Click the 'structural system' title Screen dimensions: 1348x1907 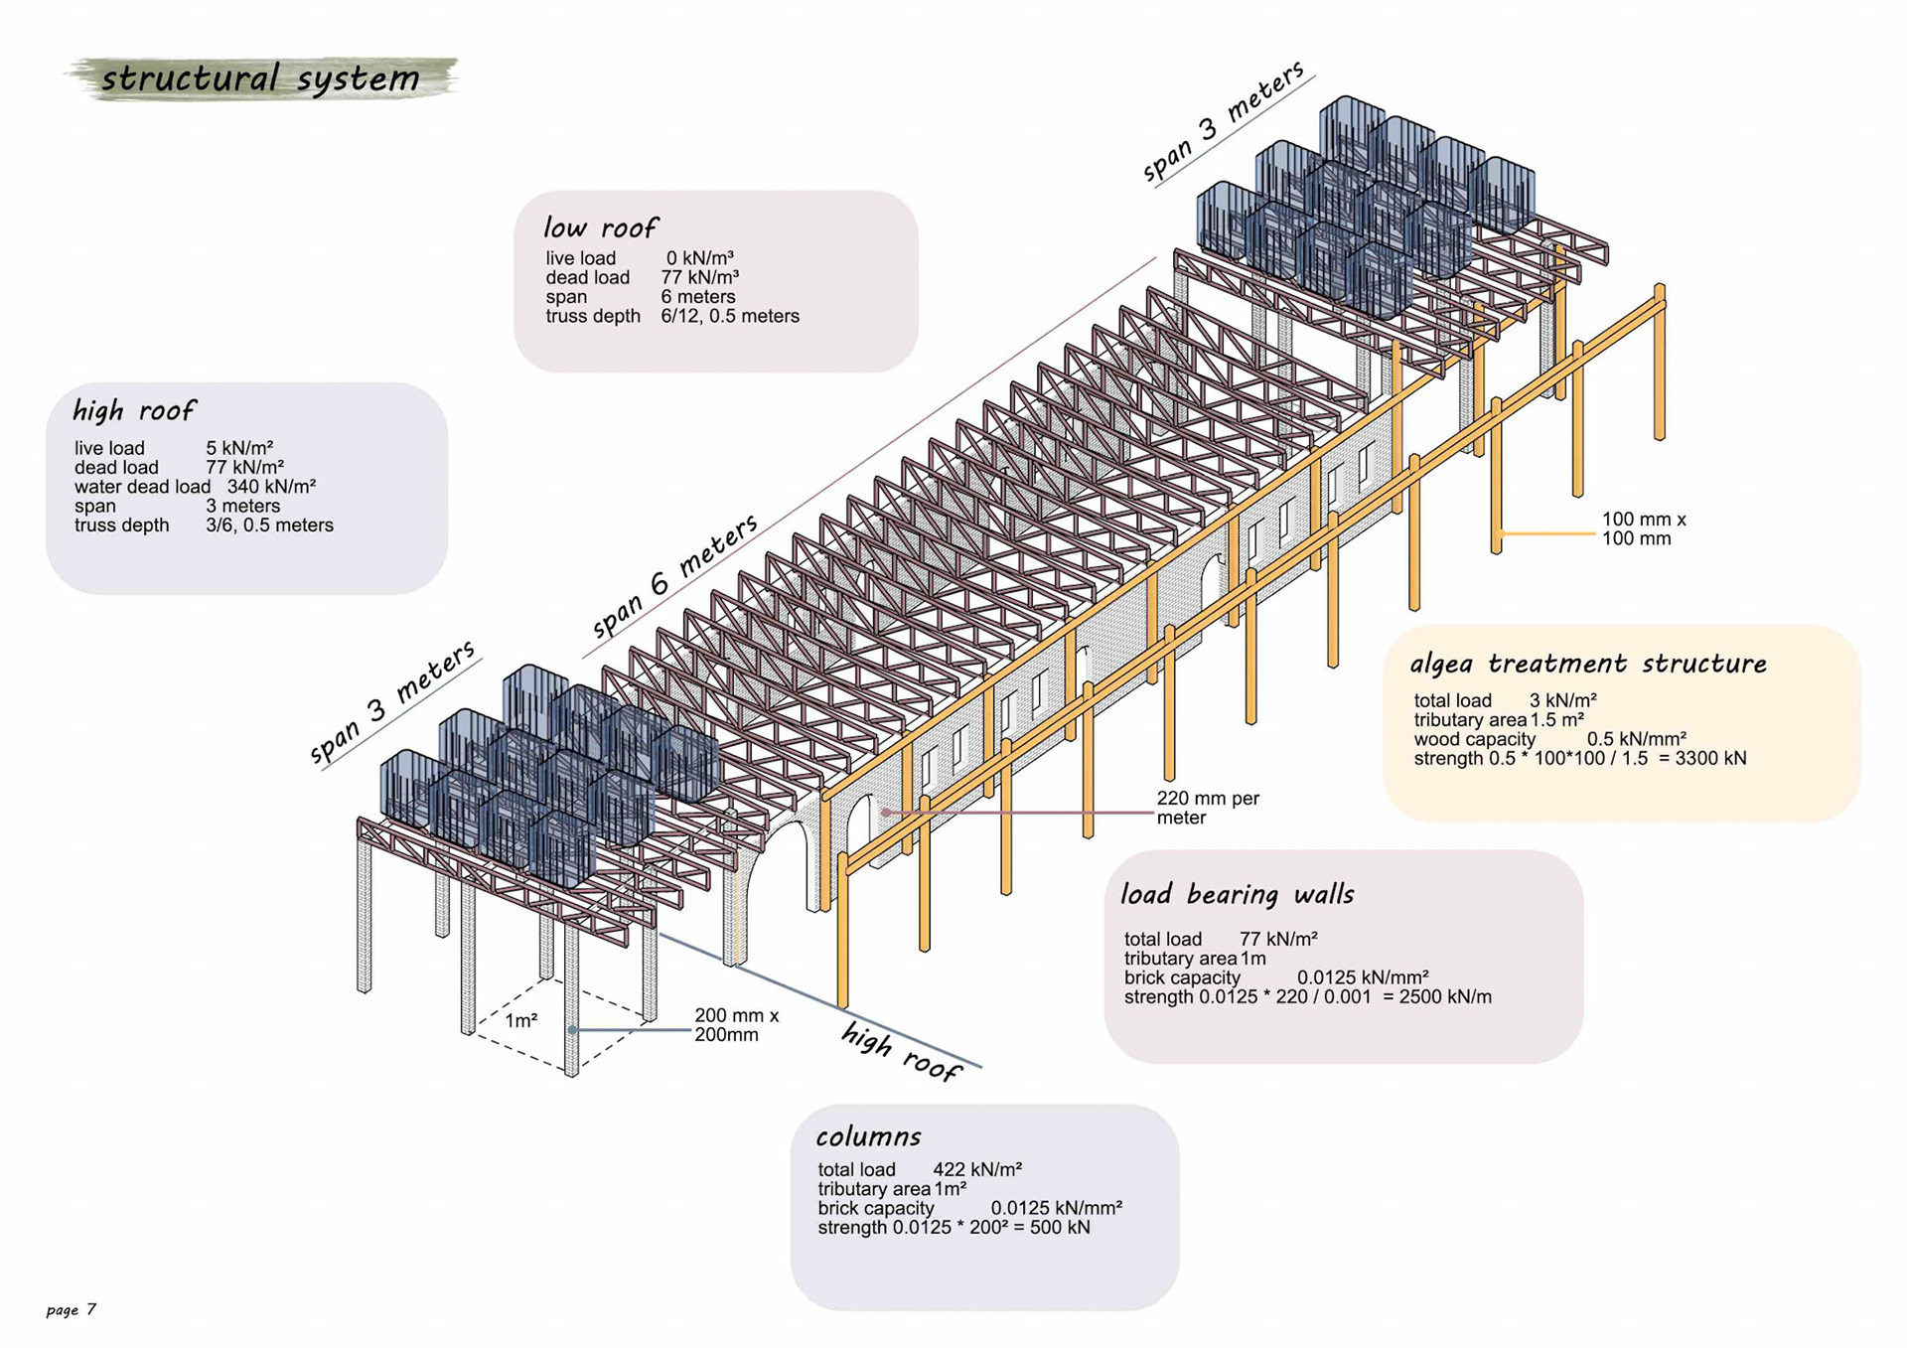[x=260, y=78]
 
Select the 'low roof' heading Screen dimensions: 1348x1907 [x=600, y=228]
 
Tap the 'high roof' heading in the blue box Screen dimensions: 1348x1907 [x=134, y=410]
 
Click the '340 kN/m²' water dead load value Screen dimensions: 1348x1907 [x=271, y=487]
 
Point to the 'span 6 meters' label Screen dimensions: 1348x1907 [x=674, y=576]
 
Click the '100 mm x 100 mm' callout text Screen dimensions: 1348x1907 [x=1643, y=528]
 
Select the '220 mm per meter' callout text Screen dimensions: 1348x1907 [x=1207, y=808]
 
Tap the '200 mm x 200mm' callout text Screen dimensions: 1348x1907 [x=736, y=1025]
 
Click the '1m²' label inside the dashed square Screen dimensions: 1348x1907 [x=521, y=1021]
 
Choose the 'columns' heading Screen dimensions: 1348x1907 [x=868, y=1136]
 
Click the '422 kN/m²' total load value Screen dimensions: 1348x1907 [x=977, y=1170]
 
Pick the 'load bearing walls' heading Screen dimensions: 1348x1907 [x=1237, y=895]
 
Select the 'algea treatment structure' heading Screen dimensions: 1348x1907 [x=1587, y=664]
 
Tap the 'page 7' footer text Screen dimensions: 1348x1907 [x=72, y=1309]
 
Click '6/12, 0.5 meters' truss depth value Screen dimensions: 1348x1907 [x=730, y=317]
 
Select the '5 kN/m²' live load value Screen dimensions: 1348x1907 [x=239, y=448]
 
